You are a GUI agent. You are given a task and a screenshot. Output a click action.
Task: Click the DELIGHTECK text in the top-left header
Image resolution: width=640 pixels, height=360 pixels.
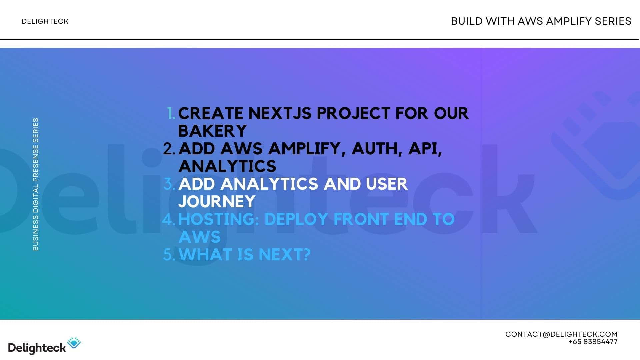(x=45, y=21)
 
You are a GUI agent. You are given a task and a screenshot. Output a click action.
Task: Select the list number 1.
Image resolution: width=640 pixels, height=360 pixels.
(x=171, y=114)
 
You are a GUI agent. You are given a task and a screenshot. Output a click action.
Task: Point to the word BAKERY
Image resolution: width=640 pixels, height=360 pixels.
(x=212, y=131)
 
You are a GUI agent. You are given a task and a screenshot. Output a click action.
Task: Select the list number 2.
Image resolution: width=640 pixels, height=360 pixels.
(x=169, y=149)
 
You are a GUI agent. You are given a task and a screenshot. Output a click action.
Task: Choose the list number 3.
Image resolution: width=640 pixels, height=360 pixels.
(x=169, y=184)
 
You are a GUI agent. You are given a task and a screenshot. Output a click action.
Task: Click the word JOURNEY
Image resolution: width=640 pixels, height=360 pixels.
(x=217, y=202)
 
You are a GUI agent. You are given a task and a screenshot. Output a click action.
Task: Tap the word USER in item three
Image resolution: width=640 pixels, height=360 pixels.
(x=386, y=184)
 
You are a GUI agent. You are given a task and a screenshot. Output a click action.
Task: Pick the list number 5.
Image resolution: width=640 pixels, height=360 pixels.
(x=169, y=255)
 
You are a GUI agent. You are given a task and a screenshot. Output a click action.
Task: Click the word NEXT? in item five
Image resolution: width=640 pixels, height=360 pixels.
(x=284, y=255)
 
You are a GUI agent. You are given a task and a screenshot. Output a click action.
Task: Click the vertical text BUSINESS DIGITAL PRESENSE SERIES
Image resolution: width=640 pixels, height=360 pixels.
(x=36, y=184)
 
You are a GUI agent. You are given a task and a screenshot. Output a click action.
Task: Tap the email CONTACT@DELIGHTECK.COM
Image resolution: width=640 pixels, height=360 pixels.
(x=561, y=334)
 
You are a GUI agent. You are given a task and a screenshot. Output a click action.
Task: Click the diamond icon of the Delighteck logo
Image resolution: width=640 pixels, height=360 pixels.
(x=74, y=343)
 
